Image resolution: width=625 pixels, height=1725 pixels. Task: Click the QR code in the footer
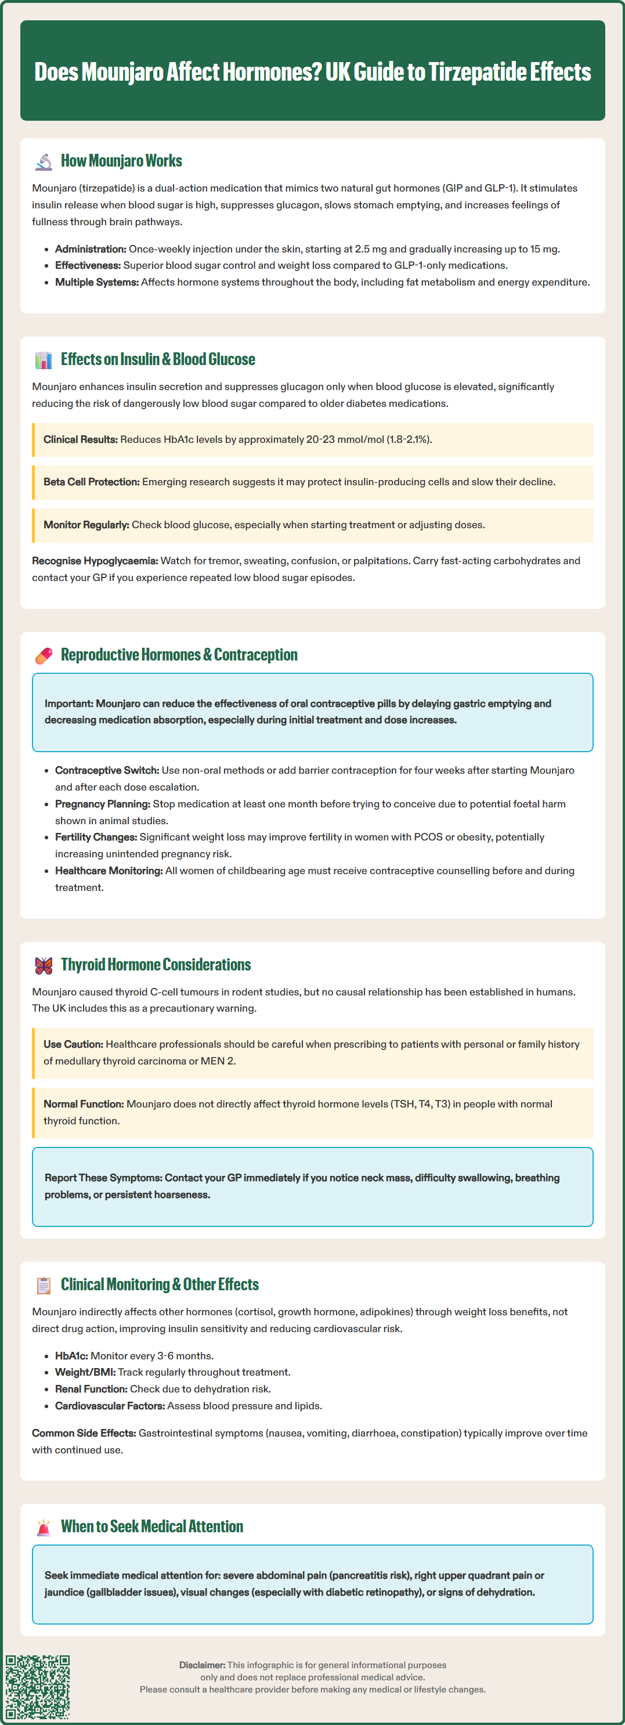point(38,1687)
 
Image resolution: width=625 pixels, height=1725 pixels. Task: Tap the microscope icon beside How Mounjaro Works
point(44,161)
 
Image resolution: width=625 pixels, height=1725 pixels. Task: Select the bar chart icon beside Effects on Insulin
point(44,360)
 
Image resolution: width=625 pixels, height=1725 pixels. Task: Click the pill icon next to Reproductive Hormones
point(44,655)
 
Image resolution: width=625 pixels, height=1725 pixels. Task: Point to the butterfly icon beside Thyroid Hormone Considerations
point(44,965)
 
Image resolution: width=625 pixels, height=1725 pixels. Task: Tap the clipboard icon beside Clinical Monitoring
point(44,1285)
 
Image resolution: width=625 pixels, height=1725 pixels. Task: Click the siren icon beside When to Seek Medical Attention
point(44,1526)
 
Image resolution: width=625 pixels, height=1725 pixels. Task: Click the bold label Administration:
point(91,249)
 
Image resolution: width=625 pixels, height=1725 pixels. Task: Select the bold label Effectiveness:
point(88,266)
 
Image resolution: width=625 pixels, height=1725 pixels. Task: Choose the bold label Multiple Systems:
point(96,283)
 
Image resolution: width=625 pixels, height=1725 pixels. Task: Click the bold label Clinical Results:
point(81,440)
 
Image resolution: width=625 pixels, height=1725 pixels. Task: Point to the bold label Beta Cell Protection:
point(92,482)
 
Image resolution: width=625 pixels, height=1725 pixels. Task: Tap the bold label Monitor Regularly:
point(86,525)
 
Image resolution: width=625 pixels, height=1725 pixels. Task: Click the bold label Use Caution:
point(73,1045)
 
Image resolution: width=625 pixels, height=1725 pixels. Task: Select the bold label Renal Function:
point(91,1390)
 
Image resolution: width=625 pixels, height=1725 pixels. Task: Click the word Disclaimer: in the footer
point(201,1665)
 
